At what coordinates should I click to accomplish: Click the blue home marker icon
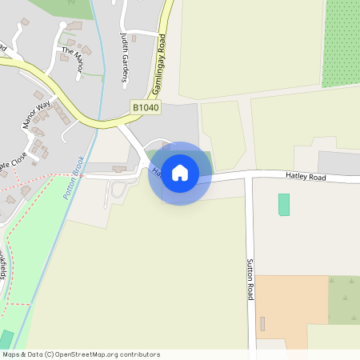tap(180, 173)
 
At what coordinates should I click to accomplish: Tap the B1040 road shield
tap(146, 106)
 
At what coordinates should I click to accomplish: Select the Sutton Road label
tap(250, 279)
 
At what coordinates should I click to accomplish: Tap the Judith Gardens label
tap(125, 61)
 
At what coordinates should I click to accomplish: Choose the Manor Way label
tap(36, 113)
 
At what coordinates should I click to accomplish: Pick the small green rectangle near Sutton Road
tap(283, 204)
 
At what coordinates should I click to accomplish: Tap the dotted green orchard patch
tap(341, 43)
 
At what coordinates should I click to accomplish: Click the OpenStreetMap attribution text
tap(81, 354)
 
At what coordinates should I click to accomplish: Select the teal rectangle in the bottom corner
tap(6, 339)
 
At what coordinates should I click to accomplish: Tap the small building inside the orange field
tap(262, 323)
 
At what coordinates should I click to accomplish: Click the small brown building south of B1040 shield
tap(120, 169)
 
